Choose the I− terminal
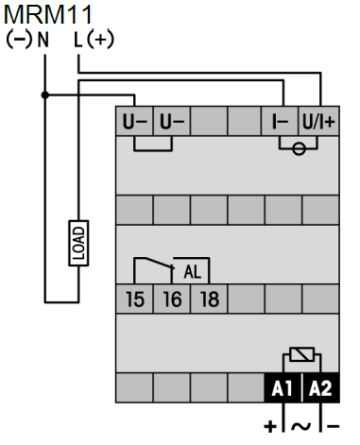[280, 122]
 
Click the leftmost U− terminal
[134, 122]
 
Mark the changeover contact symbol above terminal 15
[151, 266]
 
